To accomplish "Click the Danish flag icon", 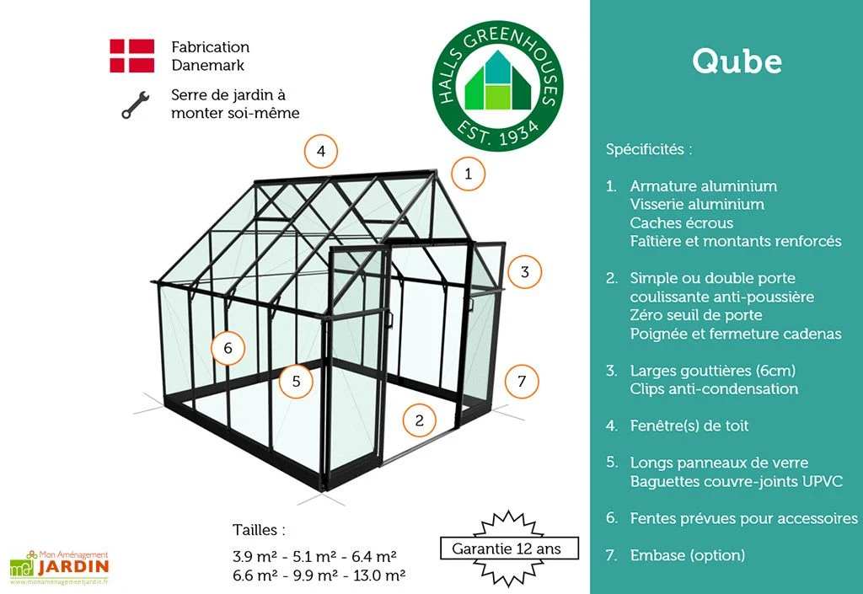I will click(x=131, y=56).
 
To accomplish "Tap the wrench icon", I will click(x=135, y=104).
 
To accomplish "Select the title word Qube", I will click(x=737, y=61).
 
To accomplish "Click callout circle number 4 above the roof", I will click(x=321, y=152).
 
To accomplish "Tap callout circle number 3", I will click(x=524, y=272).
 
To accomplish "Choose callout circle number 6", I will click(x=228, y=347).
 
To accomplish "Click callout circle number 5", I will click(x=296, y=381).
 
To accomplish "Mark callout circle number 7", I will click(x=522, y=381).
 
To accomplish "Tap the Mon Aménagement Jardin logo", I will click(x=59, y=566).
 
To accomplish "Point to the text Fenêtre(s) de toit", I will click(x=689, y=425).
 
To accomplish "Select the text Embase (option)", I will click(x=687, y=555).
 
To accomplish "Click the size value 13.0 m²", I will click(x=374, y=575).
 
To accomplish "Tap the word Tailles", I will click(x=259, y=530).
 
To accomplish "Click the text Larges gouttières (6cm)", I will click(x=713, y=371).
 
